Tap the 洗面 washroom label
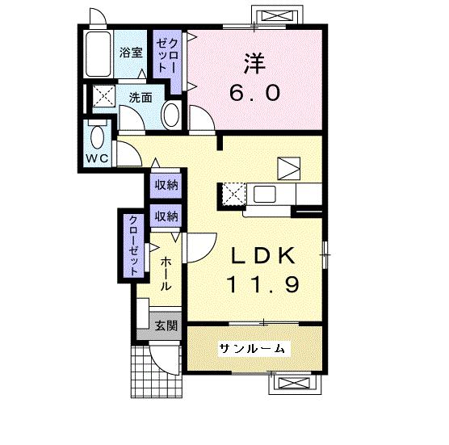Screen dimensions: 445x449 tap(141, 99)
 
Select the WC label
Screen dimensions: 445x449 tap(97, 157)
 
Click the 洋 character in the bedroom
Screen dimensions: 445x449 tap(254, 63)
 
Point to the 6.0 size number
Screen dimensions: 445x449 tap(256, 93)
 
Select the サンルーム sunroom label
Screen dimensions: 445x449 tap(251, 348)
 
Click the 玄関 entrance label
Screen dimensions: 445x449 tap(166, 326)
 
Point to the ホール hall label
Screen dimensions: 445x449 tap(166, 275)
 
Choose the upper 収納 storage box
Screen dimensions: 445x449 tap(167, 185)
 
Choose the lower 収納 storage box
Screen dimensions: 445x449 tap(167, 216)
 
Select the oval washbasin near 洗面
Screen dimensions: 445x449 tap(172, 115)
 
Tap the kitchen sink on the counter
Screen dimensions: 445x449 tap(264, 195)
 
